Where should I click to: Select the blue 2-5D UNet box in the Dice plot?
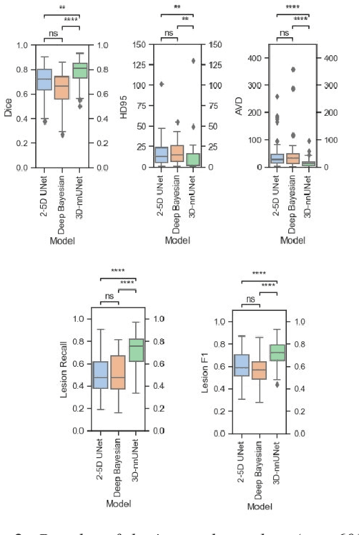point(44,79)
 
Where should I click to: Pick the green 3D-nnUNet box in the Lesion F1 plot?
point(277,353)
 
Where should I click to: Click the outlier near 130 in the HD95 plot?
point(193,61)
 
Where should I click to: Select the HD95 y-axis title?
point(125,106)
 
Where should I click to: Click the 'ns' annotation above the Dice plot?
point(52,32)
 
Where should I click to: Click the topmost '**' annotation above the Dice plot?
point(61,8)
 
